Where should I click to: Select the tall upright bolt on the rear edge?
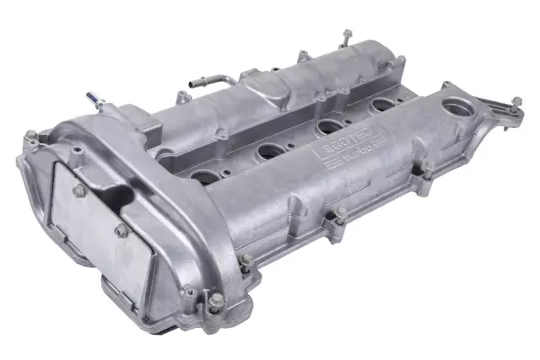click(x=345, y=39)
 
